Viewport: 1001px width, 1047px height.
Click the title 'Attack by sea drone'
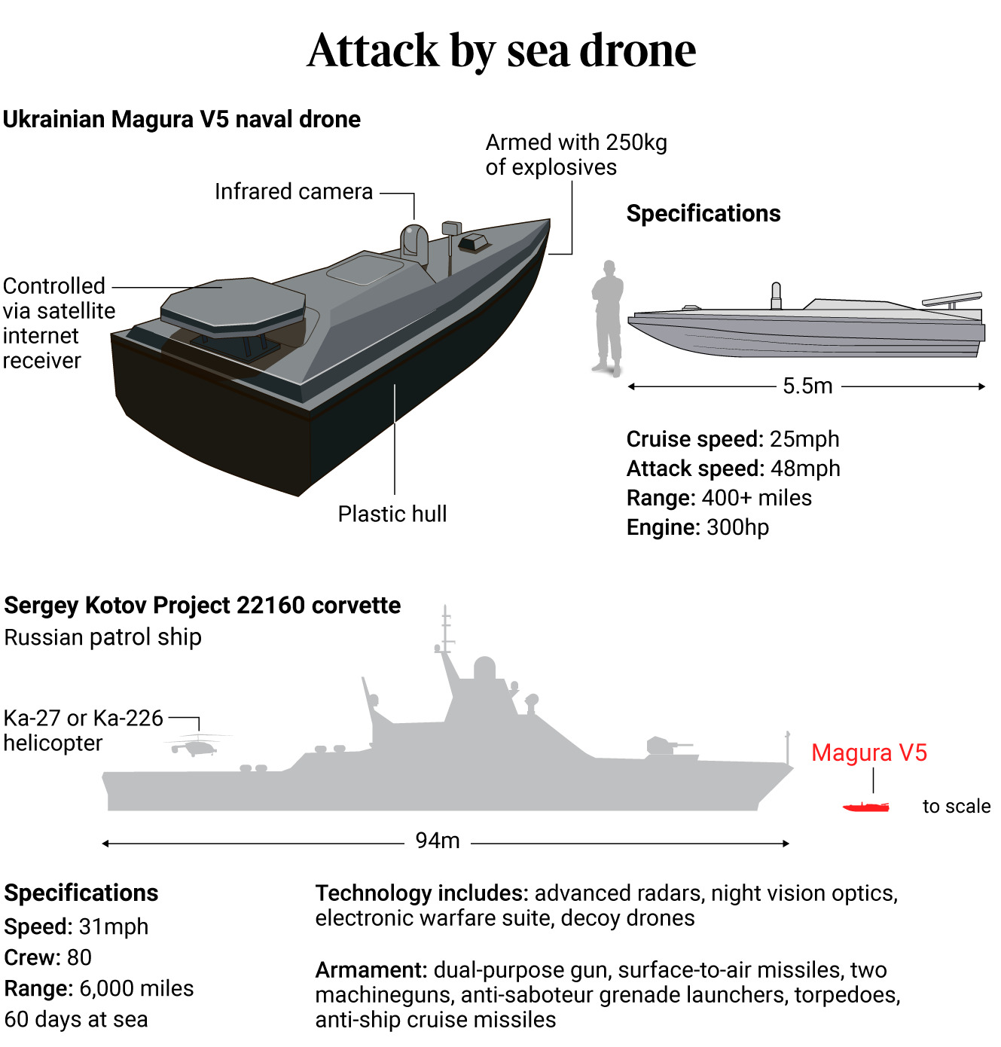click(x=502, y=50)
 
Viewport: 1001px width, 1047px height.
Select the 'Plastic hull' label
click(x=392, y=514)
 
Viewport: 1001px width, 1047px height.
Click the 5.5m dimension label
click(x=807, y=386)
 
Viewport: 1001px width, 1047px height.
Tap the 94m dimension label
click(x=438, y=841)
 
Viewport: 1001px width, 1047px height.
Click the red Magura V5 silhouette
click(x=866, y=807)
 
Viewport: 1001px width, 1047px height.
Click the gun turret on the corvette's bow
click(x=664, y=745)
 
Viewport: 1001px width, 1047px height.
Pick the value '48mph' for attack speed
click(x=805, y=469)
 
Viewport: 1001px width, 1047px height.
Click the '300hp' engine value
click(x=738, y=527)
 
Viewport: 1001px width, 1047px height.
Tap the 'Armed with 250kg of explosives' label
click(x=576, y=154)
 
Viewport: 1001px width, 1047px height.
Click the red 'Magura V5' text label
click(x=869, y=752)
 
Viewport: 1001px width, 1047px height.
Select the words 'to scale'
click(x=956, y=806)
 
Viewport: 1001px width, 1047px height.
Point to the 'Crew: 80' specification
click(x=48, y=957)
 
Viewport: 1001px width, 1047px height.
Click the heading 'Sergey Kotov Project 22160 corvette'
click(x=203, y=606)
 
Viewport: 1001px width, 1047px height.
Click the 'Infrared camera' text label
click(x=294, y=192)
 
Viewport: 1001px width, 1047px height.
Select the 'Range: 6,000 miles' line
click(x=99, y=988)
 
